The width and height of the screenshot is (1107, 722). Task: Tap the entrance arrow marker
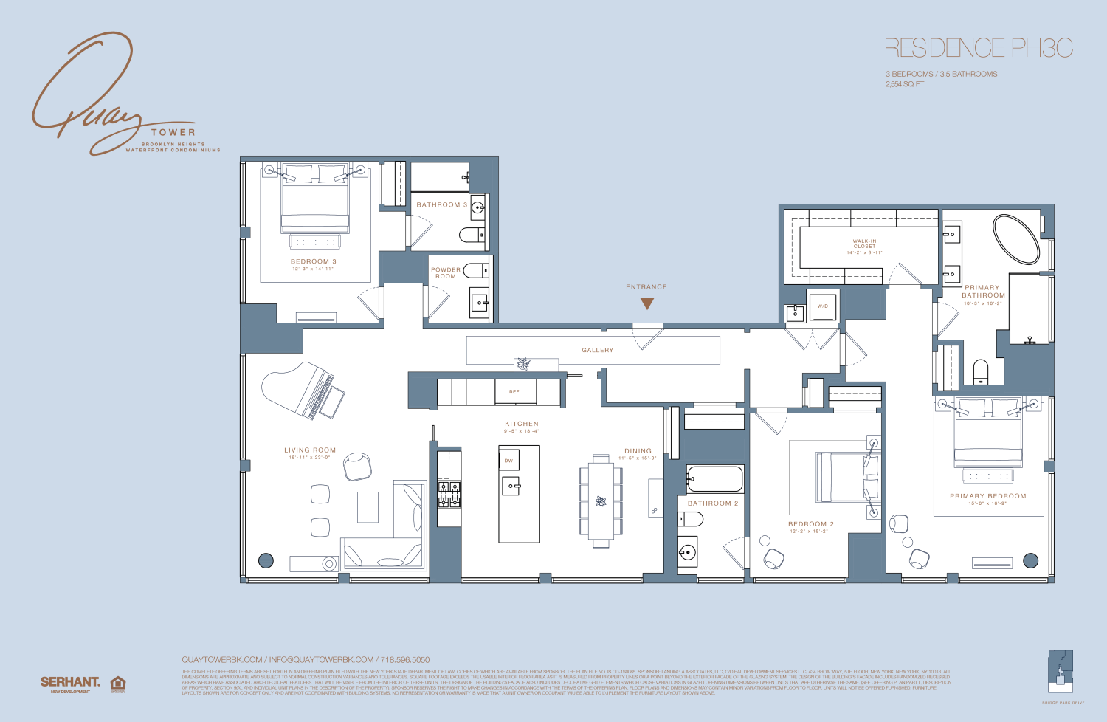click(647, 303)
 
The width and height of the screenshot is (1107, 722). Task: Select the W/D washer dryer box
click(823, 306)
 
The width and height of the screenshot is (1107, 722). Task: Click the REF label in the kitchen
click(514, 392)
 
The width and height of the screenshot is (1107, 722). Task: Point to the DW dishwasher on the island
click(508, 461)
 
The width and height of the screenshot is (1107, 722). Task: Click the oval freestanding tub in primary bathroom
click(1016, 239)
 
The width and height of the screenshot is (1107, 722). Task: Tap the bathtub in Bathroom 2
click(714, 479)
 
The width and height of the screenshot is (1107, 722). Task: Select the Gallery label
click(598, 350)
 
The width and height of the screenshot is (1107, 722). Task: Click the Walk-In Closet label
click(864, 244)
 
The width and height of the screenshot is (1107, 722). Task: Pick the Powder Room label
click(445, 272)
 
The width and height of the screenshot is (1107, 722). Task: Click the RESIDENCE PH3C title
click(978, 49)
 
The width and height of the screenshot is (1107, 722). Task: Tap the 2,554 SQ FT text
click(905, 84)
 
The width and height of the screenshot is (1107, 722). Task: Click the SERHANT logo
click(70, 682)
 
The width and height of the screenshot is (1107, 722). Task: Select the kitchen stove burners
click(449, 494)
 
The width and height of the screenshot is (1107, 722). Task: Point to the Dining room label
click(638, 450)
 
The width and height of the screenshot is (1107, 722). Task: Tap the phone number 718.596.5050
click(404, 659)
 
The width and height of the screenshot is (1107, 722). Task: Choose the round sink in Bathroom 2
click(688, 551)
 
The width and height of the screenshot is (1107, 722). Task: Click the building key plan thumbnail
click(1061, 672)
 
